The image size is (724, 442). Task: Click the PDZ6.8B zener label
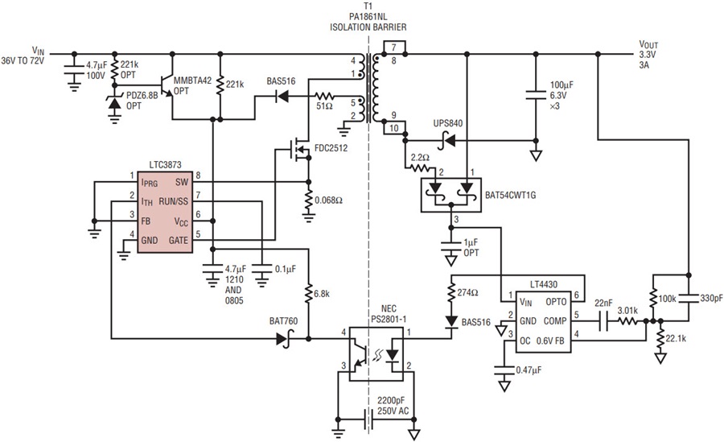145,97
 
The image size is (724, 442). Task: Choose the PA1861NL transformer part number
369,15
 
